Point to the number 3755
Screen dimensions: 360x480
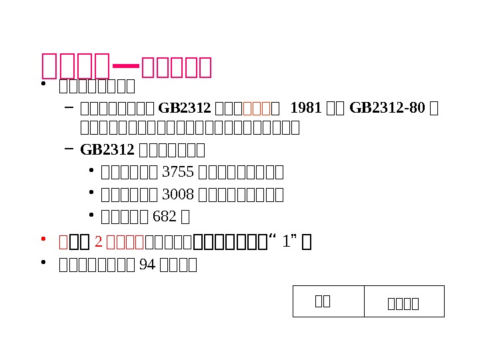(x=178, y=173)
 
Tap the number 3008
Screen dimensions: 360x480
(x=178, y=195)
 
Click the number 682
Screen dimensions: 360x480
(x=165, y=217)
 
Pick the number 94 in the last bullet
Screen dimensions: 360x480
(x=145, y=265)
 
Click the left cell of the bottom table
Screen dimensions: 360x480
(x=329, y=301)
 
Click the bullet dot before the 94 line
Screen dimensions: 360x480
(x=43, y=263)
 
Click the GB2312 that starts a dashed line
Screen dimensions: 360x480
(x=102, y=149)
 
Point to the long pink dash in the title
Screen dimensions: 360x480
(x=127, y=66)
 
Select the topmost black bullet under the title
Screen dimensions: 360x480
(x=43, y=85)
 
